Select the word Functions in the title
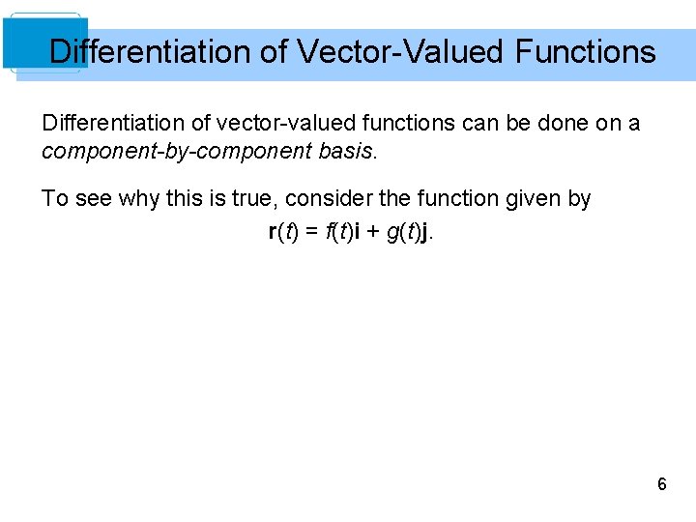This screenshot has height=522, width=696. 585,51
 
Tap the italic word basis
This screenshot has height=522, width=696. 344,152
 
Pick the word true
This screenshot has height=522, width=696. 246,199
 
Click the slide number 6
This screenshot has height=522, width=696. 661,484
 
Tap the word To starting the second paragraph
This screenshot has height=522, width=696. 54,199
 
